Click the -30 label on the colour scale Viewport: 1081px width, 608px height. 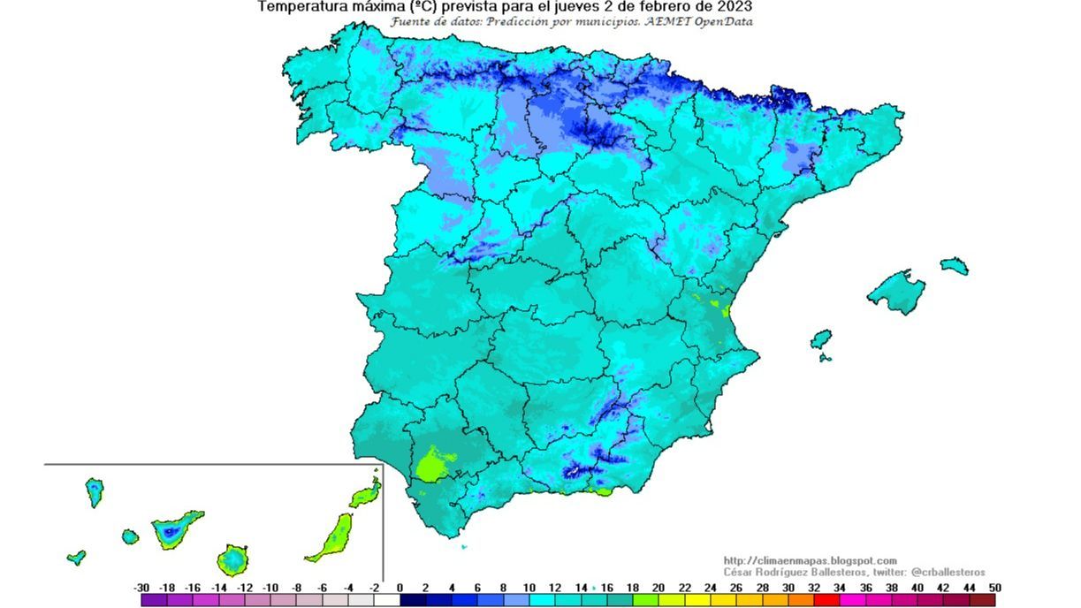tap(141, 588)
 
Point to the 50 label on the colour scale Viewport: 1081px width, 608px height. tap(995, 588)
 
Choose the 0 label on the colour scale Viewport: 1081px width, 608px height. tap(400, 588)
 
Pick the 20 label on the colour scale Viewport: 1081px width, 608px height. tap(658, 588)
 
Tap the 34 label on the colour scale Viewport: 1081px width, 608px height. tap(839, 588)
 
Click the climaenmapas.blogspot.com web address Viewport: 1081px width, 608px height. tap(810, 560)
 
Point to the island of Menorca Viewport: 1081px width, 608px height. tap(955, 265)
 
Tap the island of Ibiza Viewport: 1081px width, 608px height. tap(821, 339)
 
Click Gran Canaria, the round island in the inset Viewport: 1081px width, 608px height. tap(232, 559)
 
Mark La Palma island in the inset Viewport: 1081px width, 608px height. tap(94, 491)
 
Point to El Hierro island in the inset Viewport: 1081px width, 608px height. tap(77, 558)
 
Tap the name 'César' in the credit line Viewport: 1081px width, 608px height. tap(742, 573)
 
